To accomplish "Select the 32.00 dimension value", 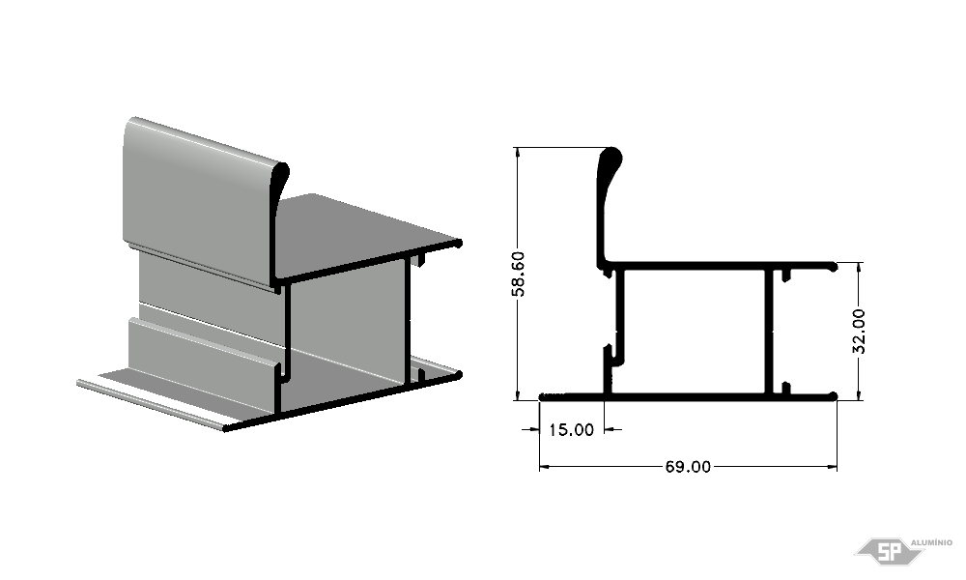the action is click(x=859, y=331).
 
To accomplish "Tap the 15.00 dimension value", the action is click(x=571, y=429).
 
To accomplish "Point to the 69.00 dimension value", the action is click(x=688, y=467).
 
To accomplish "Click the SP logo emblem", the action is click(x=889, y=551).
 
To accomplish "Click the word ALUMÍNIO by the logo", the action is click(x=931, y=542).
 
